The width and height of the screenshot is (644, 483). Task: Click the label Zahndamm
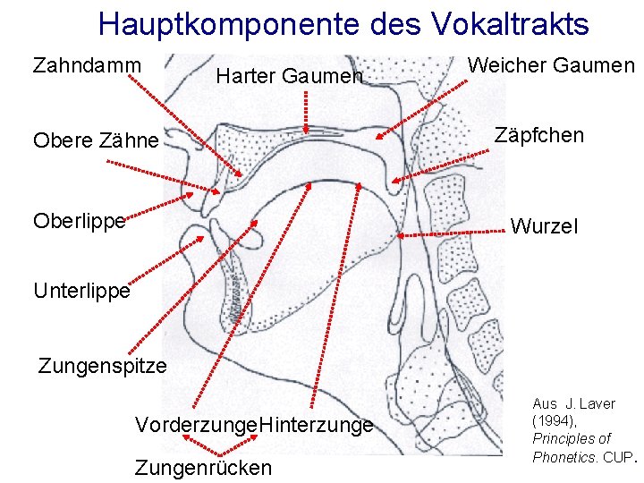pos(87,65)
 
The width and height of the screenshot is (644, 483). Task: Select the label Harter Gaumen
pos(290,77)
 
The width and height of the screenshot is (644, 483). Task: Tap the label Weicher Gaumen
pos(551,65)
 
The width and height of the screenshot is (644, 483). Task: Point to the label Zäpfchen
pos(539,136)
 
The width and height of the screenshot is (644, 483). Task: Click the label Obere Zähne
pos(96,140)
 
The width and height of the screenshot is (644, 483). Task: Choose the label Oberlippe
pos(79,220)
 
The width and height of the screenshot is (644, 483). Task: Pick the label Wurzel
pos(544,226)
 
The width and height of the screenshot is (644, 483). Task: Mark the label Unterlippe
pos(81,291)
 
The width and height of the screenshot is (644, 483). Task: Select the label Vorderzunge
pos(195,425)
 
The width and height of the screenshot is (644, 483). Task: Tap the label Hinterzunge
pos(315,425)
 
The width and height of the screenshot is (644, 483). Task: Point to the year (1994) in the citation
pos(555,420)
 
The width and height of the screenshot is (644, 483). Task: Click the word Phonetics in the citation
pos(563,456)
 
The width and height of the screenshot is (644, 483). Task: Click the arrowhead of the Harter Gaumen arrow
pos(306,131)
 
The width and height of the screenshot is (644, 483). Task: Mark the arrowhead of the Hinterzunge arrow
pos(359,185)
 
